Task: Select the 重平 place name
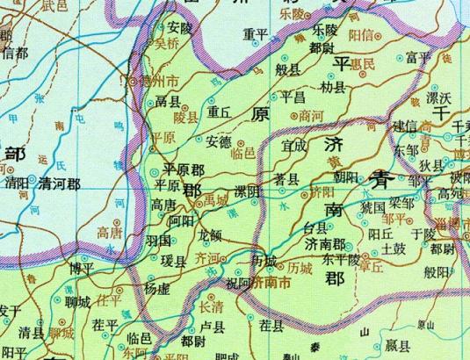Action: (x=255, y=34)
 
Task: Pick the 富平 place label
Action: (x=418, y=58)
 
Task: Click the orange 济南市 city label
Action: (x=276, y=284)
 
